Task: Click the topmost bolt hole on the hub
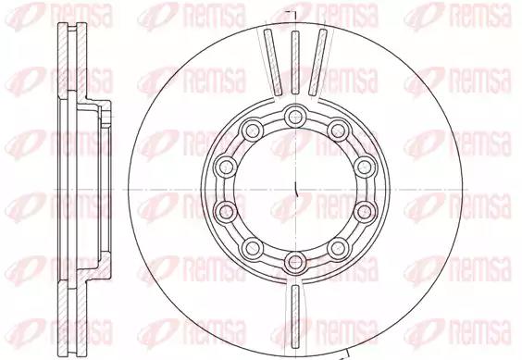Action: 295,117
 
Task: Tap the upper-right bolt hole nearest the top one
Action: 338,130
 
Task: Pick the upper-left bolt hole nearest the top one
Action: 253,130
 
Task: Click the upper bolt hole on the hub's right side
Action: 365,167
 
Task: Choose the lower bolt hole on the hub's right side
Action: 365,212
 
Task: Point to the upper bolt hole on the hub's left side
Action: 226,167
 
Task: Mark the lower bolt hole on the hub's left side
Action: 226,212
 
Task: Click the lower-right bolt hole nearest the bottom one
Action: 338,248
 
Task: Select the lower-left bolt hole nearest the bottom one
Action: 253,248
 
